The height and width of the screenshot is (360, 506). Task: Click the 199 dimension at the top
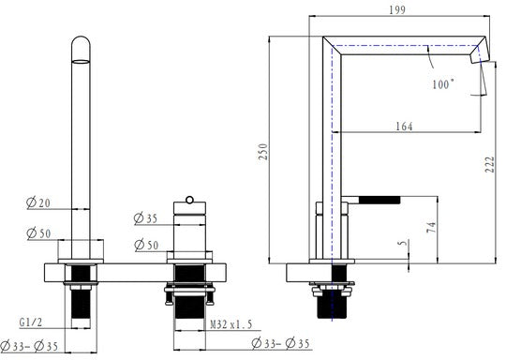pyautogui.click(x=404, y=10)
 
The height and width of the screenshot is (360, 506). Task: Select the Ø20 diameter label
pyautogui.click(x=38, y=202)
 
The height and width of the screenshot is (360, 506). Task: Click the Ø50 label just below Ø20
pyautogui.click(x=38, y=232)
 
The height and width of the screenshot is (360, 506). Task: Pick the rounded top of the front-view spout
pyautogui.click(x=82, y=47)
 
